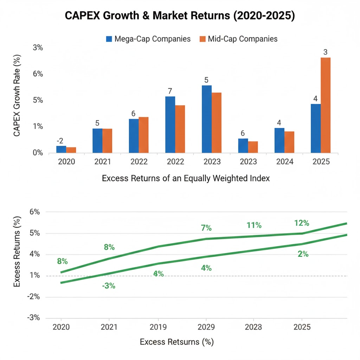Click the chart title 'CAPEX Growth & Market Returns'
[x=180, y=17]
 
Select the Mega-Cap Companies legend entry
[x=148, y=39]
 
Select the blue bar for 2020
[x=61, y=149]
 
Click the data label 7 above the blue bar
[x=170, y=91]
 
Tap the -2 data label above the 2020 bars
[x=60, y=141]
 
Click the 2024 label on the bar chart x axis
[x=284, y=162]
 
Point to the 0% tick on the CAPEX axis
[x=38, y=153]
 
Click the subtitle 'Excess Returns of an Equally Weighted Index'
[x=186, y=178]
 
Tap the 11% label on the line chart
[x=254, y=225]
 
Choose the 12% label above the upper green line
[x=301, y=223]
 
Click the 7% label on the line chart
[x=206, y=228]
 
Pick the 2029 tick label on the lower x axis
[x=205, y=327]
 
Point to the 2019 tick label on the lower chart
[x=157, y=327]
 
